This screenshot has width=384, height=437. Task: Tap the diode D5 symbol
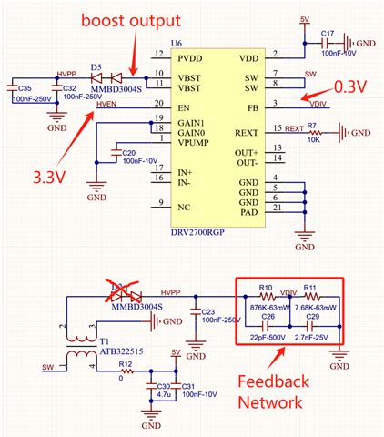click(x=102, y=77)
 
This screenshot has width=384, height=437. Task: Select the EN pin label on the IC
click(x=186, y=107)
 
